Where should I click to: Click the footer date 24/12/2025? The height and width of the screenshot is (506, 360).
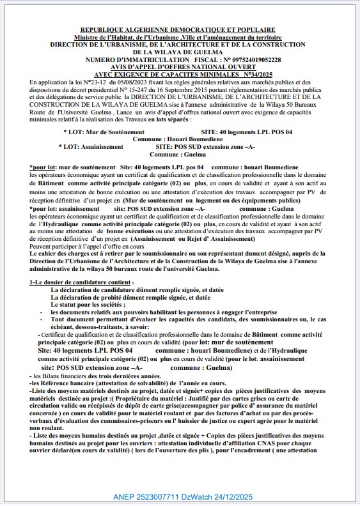pos(230,496)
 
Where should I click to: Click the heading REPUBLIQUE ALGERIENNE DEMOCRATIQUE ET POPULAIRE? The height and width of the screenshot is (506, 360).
pos(178,29)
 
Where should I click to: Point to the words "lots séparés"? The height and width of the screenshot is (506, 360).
pos(169,119)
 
